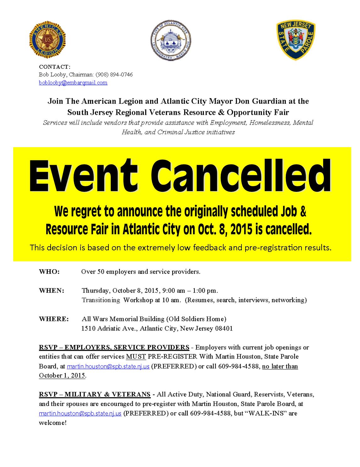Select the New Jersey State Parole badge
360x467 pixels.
tap(296, 40)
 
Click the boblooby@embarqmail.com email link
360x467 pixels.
tap(73, 83)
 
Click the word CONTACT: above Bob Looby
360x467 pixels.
tap(55, 67)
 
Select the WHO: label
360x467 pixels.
tap(49, 272)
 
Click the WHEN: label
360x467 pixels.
tap(52, 291)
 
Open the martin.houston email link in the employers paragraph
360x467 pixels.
tap(108, 366)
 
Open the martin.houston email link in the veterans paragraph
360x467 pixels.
tap(80, 414)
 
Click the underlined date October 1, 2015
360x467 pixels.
tap(62, 376)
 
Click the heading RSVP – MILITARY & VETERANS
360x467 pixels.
tap(95, 394)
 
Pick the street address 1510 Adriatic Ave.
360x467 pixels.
tap(109, 329)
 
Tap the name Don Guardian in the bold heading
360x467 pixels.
tap(262, 101)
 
